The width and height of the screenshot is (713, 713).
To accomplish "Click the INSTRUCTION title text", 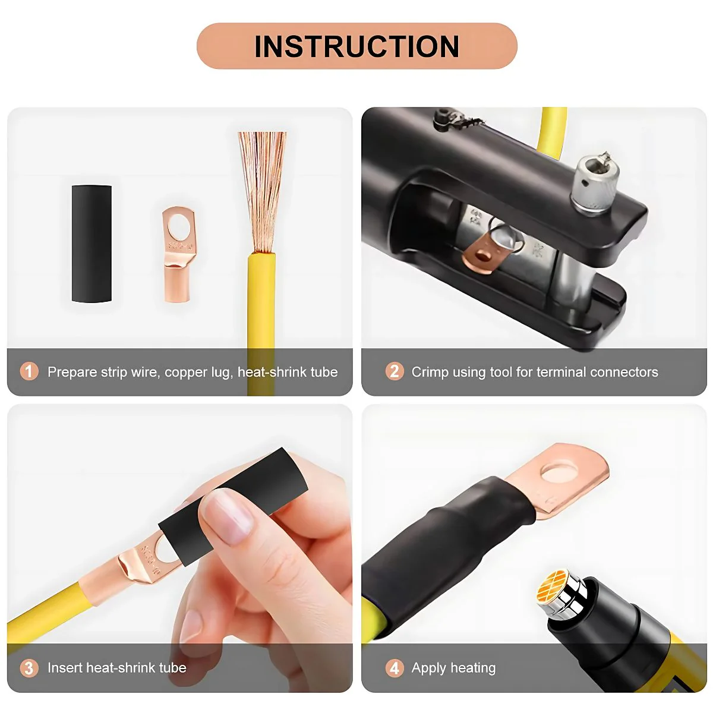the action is click(356, 46).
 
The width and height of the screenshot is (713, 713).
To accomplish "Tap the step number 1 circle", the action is click(29, 371).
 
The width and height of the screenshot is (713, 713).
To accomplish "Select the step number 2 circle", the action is click(395, 371).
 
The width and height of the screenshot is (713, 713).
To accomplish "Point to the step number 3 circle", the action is click(29, 668).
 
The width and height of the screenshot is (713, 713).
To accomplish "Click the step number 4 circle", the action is click(395, 668).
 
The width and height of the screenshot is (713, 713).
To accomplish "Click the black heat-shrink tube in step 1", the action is click(92, 244).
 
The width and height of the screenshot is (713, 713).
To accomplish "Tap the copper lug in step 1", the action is click(178, 254).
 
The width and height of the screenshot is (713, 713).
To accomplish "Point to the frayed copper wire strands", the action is click(262, 192).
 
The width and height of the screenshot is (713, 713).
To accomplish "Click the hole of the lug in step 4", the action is click(559, 471).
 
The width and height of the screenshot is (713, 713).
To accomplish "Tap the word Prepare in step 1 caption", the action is click(72, 372).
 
